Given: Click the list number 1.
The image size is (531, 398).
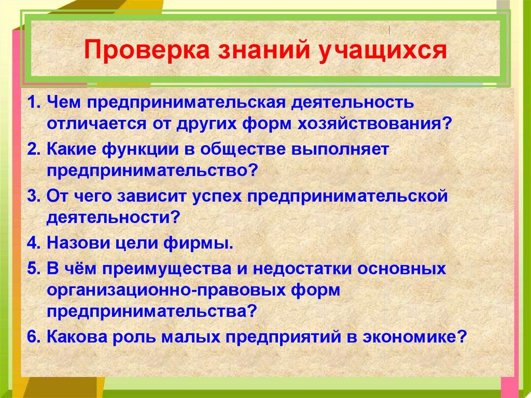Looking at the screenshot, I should [x=33, y=102].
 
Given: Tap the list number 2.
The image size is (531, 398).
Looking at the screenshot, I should [x=33, y=149].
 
